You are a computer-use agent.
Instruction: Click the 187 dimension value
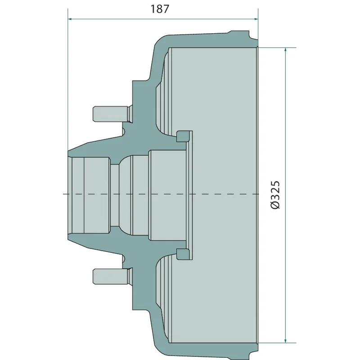point(160,9)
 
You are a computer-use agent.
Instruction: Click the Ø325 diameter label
point(275,195)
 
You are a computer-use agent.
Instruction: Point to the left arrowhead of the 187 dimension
point(71,19)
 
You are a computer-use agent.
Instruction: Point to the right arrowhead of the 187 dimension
point(256,19)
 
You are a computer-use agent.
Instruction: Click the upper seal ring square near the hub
point(183,136)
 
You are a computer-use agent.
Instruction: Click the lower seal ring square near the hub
point(183,254)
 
